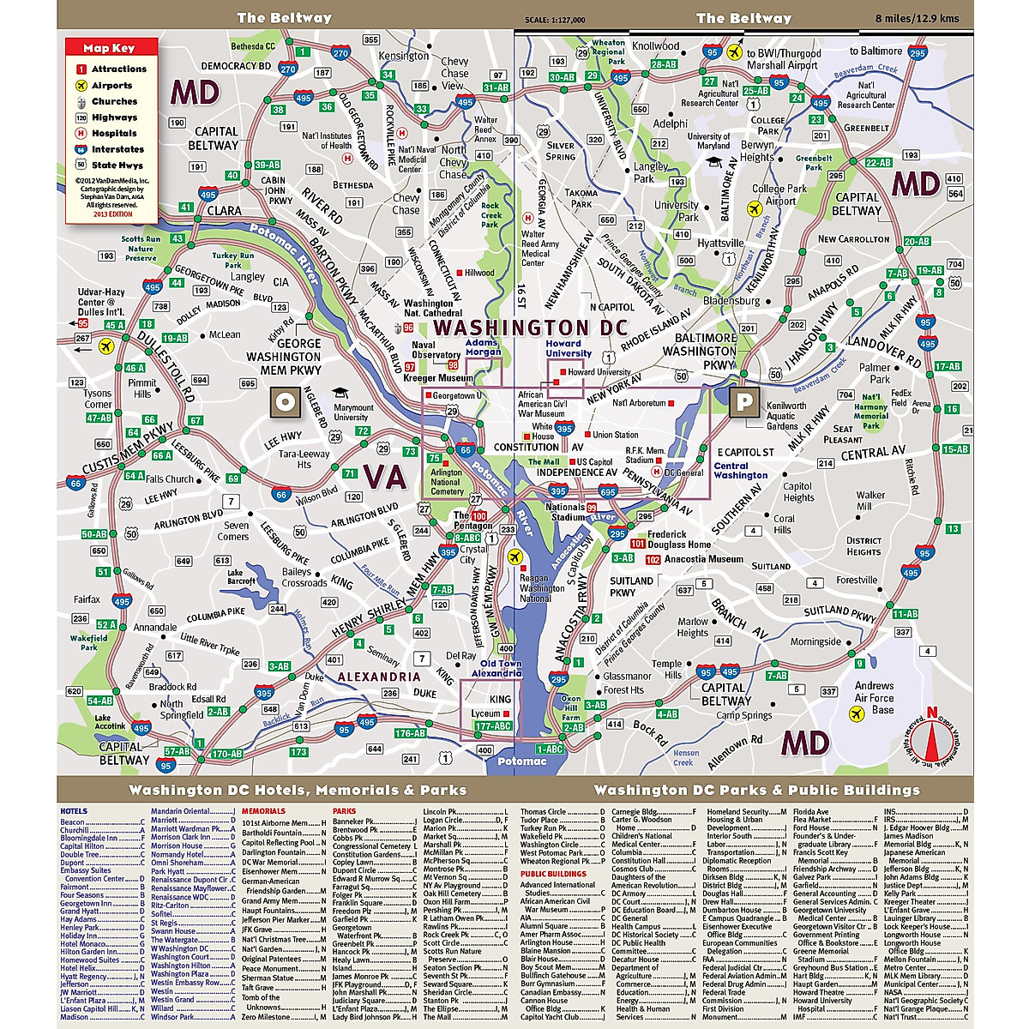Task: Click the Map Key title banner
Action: click(x=109, y=48)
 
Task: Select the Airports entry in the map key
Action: click(x=111, y=86)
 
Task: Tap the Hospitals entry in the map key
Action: click(x=114, y=134)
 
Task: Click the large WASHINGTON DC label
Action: click(x=530, y=328)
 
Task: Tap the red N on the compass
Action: click(x=931, y=711)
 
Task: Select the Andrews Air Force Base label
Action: click(x=875, y=697)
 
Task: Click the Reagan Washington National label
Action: click(x=542, y=588)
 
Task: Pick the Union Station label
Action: click(x=615, y=435)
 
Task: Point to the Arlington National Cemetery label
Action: click(x=447, y=482)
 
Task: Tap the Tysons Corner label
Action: click(x=98, y=399)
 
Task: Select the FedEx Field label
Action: click(x=900, y=398)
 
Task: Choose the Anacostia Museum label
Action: click(x=704, y=559)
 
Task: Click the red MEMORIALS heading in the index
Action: click(x=263, y=810)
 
